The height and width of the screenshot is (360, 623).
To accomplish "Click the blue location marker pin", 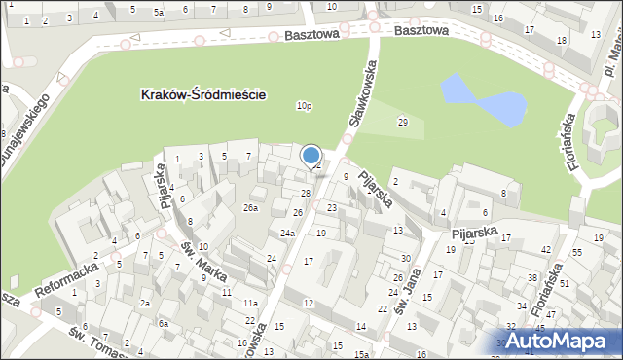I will pyautogui.click(x=311, y=156).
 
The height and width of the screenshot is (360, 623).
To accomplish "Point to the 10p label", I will pyautogui.click(x=305, y=106).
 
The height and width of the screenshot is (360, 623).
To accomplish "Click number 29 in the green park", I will pyautogui.click(x=402, y=122).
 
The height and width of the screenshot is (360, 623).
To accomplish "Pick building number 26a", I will pyautogui.click(x=251, y=208).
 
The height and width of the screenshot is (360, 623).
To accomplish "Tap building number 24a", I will pyautogui.click(x=287, y=234).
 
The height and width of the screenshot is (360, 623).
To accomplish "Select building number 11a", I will pyautogui.click(x=250, y=304).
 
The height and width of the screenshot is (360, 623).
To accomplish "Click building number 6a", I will pyautogui.click(x=164, y=323).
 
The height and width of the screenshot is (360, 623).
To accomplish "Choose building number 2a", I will pyautogui.click(x=144, y=304).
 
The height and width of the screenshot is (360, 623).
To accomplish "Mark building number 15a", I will pyautogui.click(x=361, y=354).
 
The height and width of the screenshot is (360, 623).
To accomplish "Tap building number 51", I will pyautogui.click(x=564, y=284).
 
